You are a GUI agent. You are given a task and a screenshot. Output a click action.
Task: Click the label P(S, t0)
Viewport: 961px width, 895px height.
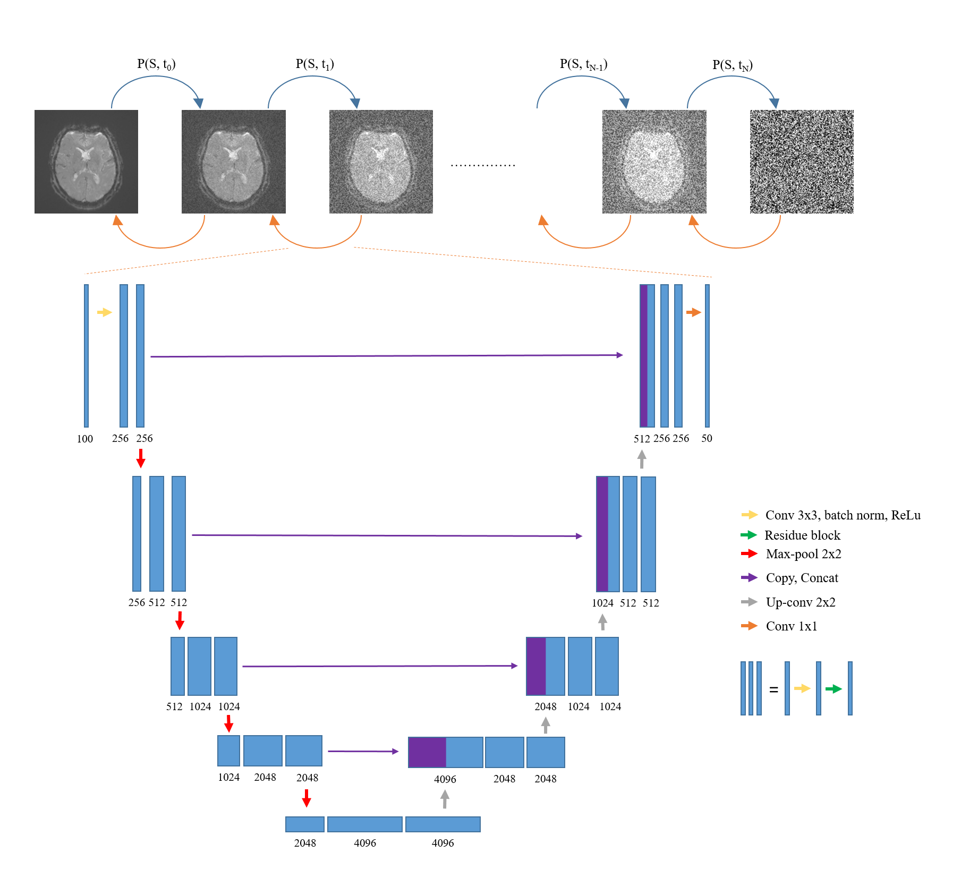[156, 64]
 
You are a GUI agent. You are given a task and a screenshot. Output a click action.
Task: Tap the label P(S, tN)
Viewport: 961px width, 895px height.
[732, 65]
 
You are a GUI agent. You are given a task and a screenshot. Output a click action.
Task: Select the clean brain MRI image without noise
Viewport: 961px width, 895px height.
[86, 161]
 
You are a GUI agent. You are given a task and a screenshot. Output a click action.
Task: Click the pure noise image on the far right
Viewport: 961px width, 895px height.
[801, 161]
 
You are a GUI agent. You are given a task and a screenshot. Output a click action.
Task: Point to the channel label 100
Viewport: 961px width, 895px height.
[85, 439]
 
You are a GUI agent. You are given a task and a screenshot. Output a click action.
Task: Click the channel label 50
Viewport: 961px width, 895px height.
[707, 439]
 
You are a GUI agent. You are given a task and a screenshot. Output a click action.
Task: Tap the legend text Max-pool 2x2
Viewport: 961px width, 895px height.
[803, 554]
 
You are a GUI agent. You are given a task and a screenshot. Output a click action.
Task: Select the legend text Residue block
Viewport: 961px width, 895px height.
[802, 535]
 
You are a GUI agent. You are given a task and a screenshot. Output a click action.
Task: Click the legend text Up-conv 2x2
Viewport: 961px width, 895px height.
[801, 602]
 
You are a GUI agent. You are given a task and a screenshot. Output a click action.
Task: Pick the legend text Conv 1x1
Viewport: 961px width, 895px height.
[791, 626]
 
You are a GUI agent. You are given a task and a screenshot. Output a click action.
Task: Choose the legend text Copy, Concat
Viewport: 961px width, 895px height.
[802, 578]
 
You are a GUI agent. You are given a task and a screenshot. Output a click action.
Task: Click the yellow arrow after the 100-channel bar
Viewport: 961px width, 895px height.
[105, 312]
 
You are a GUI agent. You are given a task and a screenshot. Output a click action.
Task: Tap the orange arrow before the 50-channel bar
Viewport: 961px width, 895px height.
[693, 312]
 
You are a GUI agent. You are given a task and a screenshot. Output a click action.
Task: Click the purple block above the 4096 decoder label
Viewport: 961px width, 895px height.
[427, 752]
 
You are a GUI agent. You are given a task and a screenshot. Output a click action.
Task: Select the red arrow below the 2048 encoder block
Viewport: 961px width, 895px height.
[307, 798]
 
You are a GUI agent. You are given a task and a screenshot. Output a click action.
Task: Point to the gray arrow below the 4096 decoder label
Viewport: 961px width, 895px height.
[445, 799]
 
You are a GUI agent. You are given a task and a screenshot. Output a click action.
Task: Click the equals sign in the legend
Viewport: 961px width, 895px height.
[773, 689]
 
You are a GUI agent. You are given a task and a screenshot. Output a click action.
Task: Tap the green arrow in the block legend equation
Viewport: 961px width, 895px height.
[833, 689]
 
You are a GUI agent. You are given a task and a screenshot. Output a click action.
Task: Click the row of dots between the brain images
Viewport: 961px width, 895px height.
[483, 166]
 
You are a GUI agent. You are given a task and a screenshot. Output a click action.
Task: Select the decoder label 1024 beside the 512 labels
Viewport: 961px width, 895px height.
[602, 603]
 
